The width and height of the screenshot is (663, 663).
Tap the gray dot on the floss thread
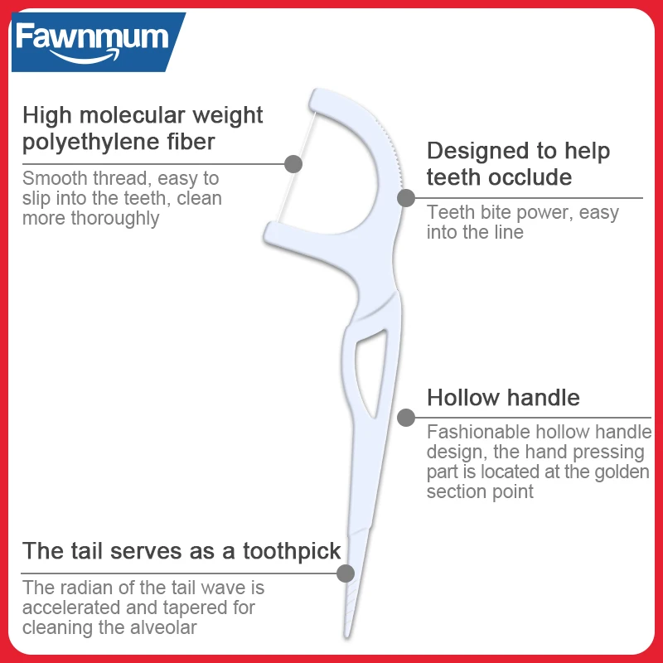click(293, 163)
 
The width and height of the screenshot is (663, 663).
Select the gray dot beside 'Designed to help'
click(406, 197)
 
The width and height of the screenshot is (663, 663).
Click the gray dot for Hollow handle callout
click(406, 417)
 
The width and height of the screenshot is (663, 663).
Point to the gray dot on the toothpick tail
click(346, 573)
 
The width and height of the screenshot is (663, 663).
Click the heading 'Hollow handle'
click(503, 398)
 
